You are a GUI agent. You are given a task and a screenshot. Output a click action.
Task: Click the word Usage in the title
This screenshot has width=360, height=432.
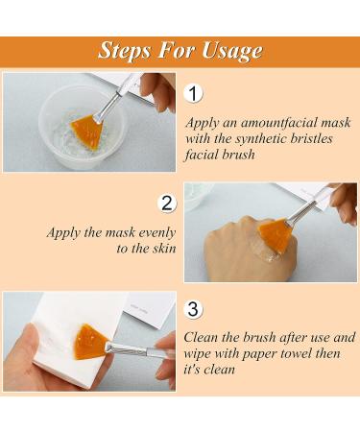(226, 50)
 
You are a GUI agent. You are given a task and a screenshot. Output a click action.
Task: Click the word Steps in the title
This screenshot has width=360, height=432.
(130, 50)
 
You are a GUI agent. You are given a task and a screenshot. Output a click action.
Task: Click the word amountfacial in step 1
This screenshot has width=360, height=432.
(287, 122)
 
